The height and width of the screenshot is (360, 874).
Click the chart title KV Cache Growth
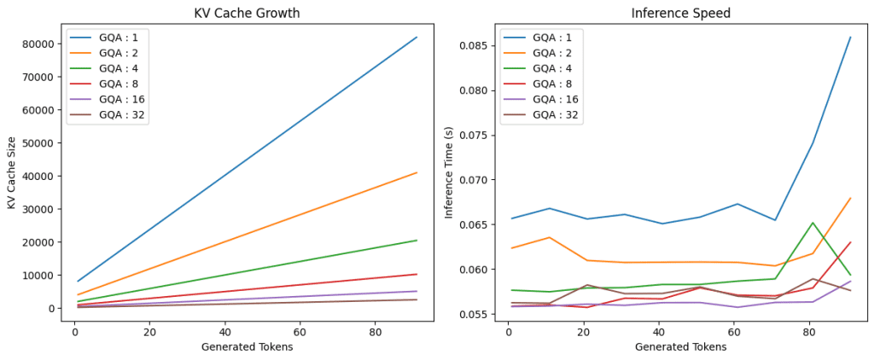point(247,13)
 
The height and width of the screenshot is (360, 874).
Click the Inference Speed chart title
point(680,13)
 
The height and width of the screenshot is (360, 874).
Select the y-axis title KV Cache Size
point(12,172)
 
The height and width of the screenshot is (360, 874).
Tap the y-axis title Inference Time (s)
point(449,172)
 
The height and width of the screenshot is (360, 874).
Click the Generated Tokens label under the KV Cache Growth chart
point(247,346)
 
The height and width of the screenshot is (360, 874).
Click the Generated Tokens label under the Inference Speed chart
point(680,346)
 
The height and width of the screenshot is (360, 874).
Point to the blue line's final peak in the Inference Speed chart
point(850,38)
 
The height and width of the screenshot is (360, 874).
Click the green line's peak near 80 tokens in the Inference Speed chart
point(813,223)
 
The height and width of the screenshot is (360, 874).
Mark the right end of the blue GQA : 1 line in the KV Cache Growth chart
point(417,38)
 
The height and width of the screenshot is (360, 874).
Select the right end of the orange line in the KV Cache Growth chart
point(417,173)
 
